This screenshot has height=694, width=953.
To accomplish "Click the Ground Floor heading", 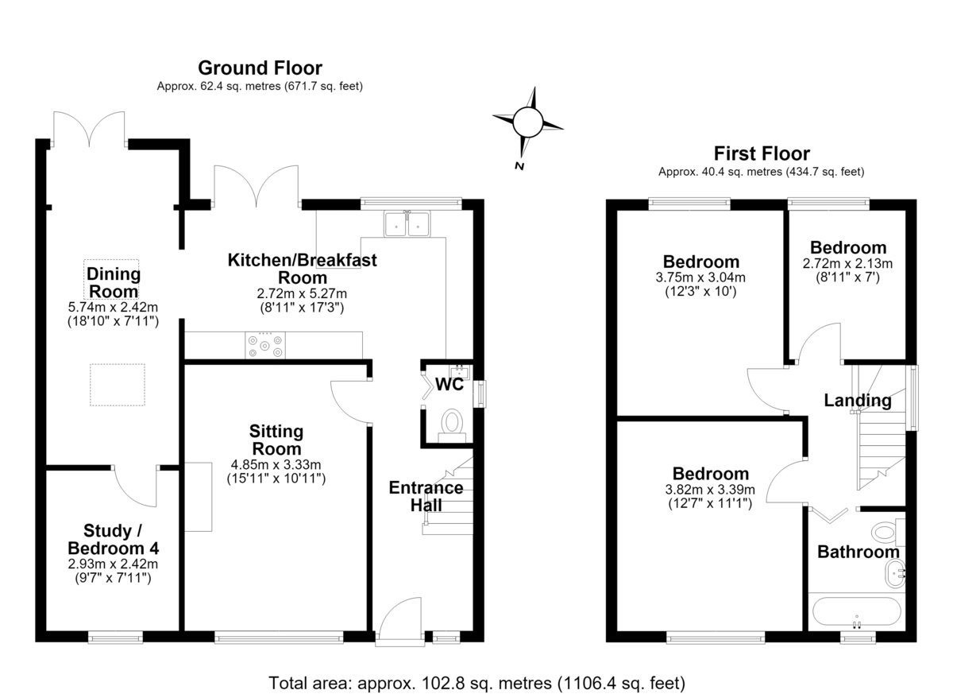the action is pos(260,68).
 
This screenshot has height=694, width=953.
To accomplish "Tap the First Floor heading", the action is pos(762,153).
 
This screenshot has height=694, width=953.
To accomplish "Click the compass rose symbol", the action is pos(528,123).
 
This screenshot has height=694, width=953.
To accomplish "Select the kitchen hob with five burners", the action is pos(265,345).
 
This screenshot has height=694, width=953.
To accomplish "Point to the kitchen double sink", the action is pos(407,223).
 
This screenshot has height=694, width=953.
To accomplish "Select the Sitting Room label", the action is pos(276,440).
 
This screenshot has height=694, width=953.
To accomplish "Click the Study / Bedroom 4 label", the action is pos(113,540).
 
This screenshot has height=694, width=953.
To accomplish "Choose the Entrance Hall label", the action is pos(426,496).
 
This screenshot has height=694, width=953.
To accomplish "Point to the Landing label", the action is pos(858,400).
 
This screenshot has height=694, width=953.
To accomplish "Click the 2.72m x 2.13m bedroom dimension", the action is pos(847,264).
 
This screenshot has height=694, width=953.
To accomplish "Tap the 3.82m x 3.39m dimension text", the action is pos(710,490).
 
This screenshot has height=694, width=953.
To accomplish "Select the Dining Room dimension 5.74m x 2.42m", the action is pos(113,307).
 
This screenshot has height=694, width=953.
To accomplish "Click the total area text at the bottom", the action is pos(477,683).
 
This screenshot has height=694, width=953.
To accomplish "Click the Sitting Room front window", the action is pos(279,638).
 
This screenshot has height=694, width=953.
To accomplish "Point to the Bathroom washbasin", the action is pos(895,573).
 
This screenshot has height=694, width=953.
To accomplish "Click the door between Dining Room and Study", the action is pos(135,487).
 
